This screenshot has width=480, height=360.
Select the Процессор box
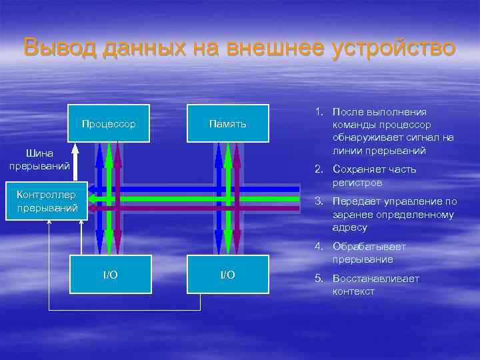click(109, 124)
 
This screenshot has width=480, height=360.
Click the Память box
click(228, 124)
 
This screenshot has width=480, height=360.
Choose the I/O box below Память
click(228, 275)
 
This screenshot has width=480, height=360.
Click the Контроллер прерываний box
click(47, 201)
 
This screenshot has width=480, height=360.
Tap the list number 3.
click(319, 201)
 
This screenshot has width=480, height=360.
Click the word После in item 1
click(347, 112)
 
